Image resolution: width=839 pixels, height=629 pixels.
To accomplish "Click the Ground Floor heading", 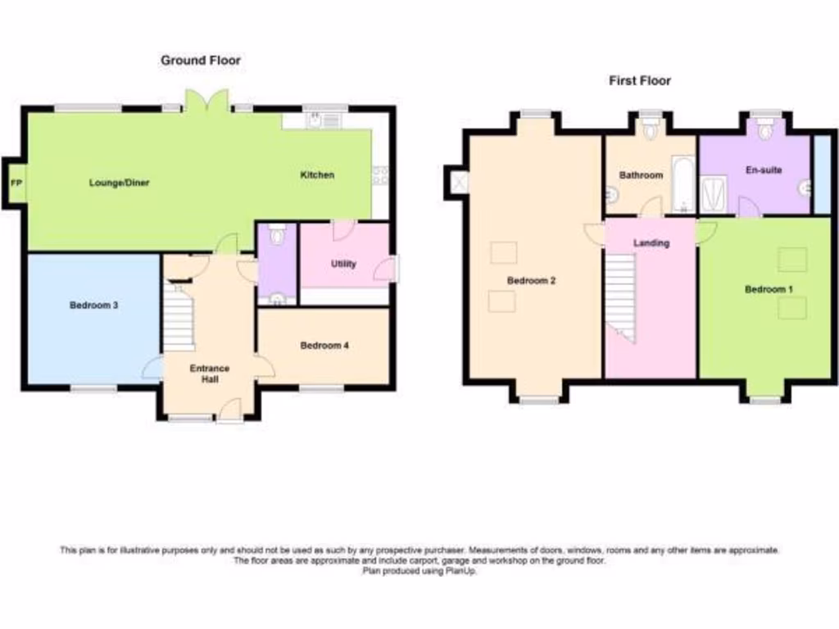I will [x=201, y=61].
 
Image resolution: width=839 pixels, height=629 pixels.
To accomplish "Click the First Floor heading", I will [x=639, y=80].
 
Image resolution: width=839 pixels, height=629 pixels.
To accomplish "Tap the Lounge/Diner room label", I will [x=119, y=183].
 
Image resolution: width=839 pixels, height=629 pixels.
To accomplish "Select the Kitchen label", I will [x=317, y=174].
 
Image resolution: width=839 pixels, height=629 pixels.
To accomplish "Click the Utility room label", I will [x=343, y=265].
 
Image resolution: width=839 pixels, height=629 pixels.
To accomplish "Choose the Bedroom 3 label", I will [x=94, y=305].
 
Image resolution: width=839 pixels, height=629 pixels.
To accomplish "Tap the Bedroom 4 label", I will [x=324, y=346].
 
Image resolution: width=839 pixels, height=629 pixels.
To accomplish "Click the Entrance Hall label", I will [x=210, y=373].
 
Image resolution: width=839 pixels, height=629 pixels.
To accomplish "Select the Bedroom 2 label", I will [x=531, y=280].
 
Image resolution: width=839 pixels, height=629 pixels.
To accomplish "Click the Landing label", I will [x=652, y=243].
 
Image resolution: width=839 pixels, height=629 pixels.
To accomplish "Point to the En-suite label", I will [x=764, y=170].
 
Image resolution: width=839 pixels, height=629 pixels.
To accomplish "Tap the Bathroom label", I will [x=641, y=175].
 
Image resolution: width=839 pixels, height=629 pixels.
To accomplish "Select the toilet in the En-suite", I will [x=766, y=130].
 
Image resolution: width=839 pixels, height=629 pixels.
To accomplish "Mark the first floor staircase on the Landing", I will [x=620, y=295].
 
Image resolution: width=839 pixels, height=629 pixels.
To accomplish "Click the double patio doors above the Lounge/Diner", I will [x=206, y=102].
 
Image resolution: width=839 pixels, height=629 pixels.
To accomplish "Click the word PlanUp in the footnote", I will [x=461, y=572].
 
